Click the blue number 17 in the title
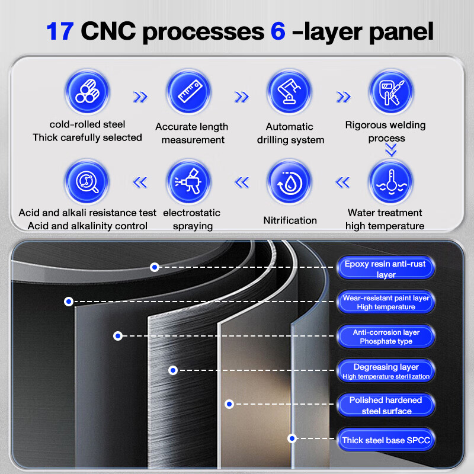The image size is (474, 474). click(60, 31)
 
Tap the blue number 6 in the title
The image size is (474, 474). click(278, 31)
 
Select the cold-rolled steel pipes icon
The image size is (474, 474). click(87, 92)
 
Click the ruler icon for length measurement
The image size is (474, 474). click(189, 92)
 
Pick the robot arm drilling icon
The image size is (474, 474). click(290, 92)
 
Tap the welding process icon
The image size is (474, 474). click(391, 92)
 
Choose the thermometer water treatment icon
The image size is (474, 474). click(391, 182)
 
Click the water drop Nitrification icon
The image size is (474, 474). click(290, 182)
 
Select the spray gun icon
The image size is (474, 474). click(189, 182)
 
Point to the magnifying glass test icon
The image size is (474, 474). click(87, 182)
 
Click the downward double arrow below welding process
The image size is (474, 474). click(391, 150)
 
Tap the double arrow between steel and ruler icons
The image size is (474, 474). click(140, 97)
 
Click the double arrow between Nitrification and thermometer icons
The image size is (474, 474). click(343, 182)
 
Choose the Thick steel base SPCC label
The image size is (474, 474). click(386, 440)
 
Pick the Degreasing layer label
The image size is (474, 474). click(386, 371)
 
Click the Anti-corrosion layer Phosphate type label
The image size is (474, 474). click(386, 337)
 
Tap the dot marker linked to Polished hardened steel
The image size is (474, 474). click(229, 404)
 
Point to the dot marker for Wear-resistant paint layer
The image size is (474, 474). click(69, 302)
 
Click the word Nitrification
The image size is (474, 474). click(290, 220)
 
